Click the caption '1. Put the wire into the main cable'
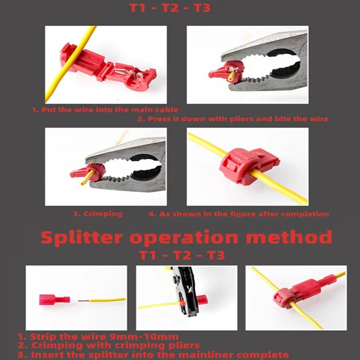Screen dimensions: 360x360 tap(105, 109)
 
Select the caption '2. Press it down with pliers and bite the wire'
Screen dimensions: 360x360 tap(233, 119)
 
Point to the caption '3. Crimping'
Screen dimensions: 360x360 tap(98, 214)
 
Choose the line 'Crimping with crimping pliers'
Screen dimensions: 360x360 tap(115, 345)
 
